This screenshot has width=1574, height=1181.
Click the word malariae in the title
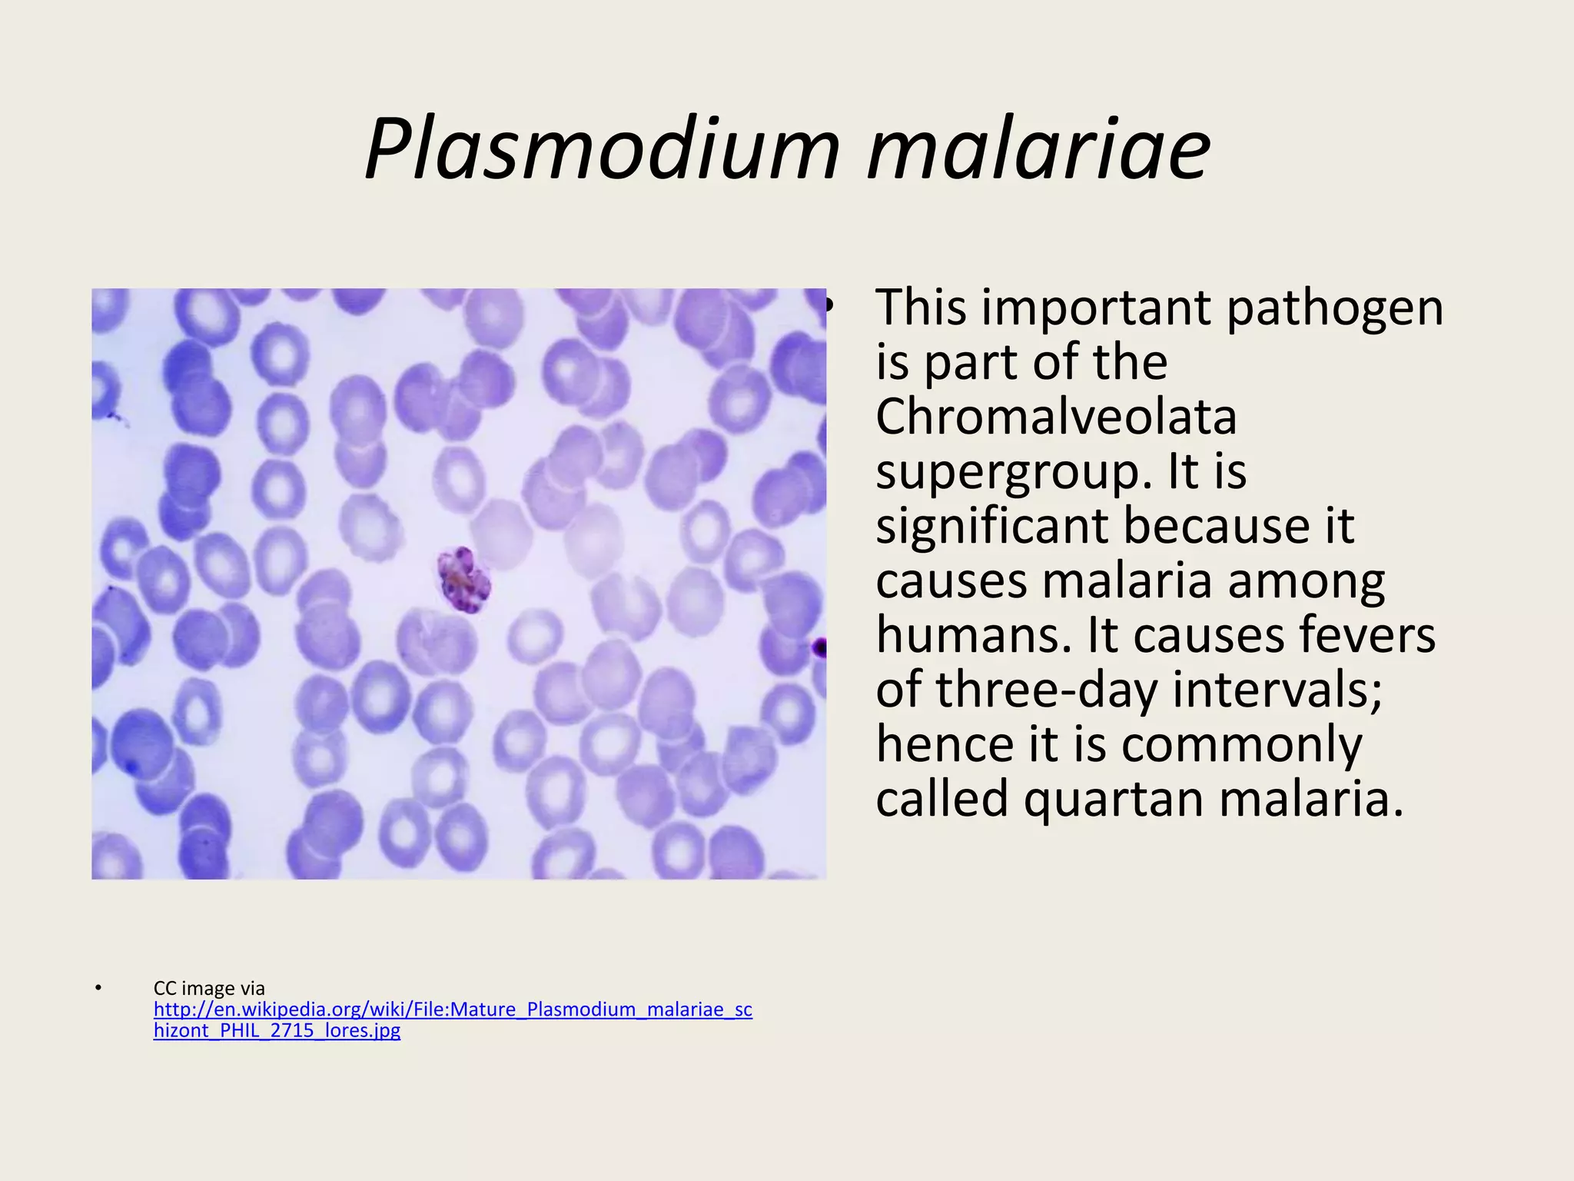[x=1039, y=148]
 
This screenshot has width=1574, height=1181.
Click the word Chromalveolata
[x=1056, y=417]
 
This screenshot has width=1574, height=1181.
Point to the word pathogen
[x=1334, y=308]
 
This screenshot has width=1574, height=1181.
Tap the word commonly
[x=1241, y=745]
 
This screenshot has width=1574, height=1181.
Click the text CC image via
[x=209, y=988]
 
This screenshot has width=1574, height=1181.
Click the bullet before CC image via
[x=98, y=988]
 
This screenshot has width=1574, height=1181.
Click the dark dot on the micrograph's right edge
[x=820, y=648]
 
